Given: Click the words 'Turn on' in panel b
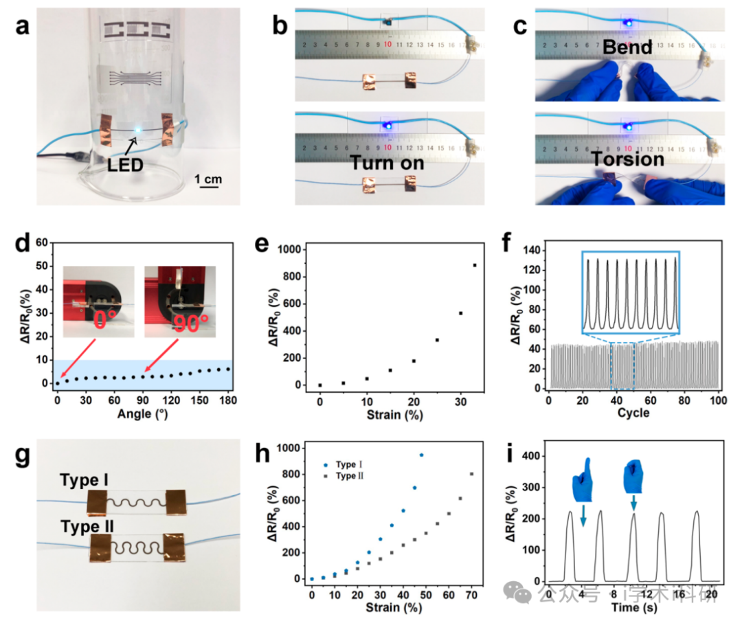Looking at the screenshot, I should (x=387, y=163).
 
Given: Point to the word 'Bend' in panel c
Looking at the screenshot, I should (x=627, y=49).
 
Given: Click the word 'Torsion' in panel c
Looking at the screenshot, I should (x=627, y=159).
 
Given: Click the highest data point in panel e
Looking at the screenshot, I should (x=474, y=265).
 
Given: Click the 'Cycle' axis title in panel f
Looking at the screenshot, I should (x=634, y=413).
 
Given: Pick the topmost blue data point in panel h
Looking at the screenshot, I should (x=421, y=455).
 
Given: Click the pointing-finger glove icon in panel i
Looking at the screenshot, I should (x=583, y=477).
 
